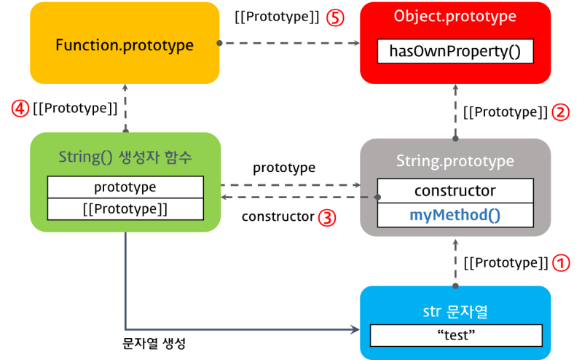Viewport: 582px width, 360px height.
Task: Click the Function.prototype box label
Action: [125, 45]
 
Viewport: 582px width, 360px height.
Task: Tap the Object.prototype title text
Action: [455, 17]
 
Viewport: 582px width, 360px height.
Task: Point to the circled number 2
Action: [561, 112]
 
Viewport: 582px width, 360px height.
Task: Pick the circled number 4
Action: [20, 109]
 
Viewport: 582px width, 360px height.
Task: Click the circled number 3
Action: [328, 217]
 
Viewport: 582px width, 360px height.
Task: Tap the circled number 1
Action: [561, 262]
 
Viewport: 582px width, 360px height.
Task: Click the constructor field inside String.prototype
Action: [455, 191]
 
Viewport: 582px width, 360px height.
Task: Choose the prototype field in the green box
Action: [125, 187]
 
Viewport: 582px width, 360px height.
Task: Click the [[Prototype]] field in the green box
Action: [125, 208]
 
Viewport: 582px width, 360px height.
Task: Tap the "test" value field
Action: [455, 336]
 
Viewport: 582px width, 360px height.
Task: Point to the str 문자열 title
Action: [455, 312]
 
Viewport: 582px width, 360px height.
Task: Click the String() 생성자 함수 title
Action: [125, 157]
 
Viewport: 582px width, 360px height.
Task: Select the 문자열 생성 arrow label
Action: [154, 343]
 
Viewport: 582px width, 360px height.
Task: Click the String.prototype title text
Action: [455, 161]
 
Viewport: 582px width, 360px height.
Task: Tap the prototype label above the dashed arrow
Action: [284, 168]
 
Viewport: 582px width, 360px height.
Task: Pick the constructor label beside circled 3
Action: [278, 217]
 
